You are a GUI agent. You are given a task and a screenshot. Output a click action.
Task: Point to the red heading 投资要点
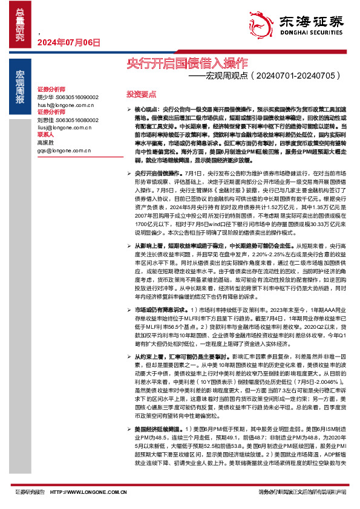click(141, 94)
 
